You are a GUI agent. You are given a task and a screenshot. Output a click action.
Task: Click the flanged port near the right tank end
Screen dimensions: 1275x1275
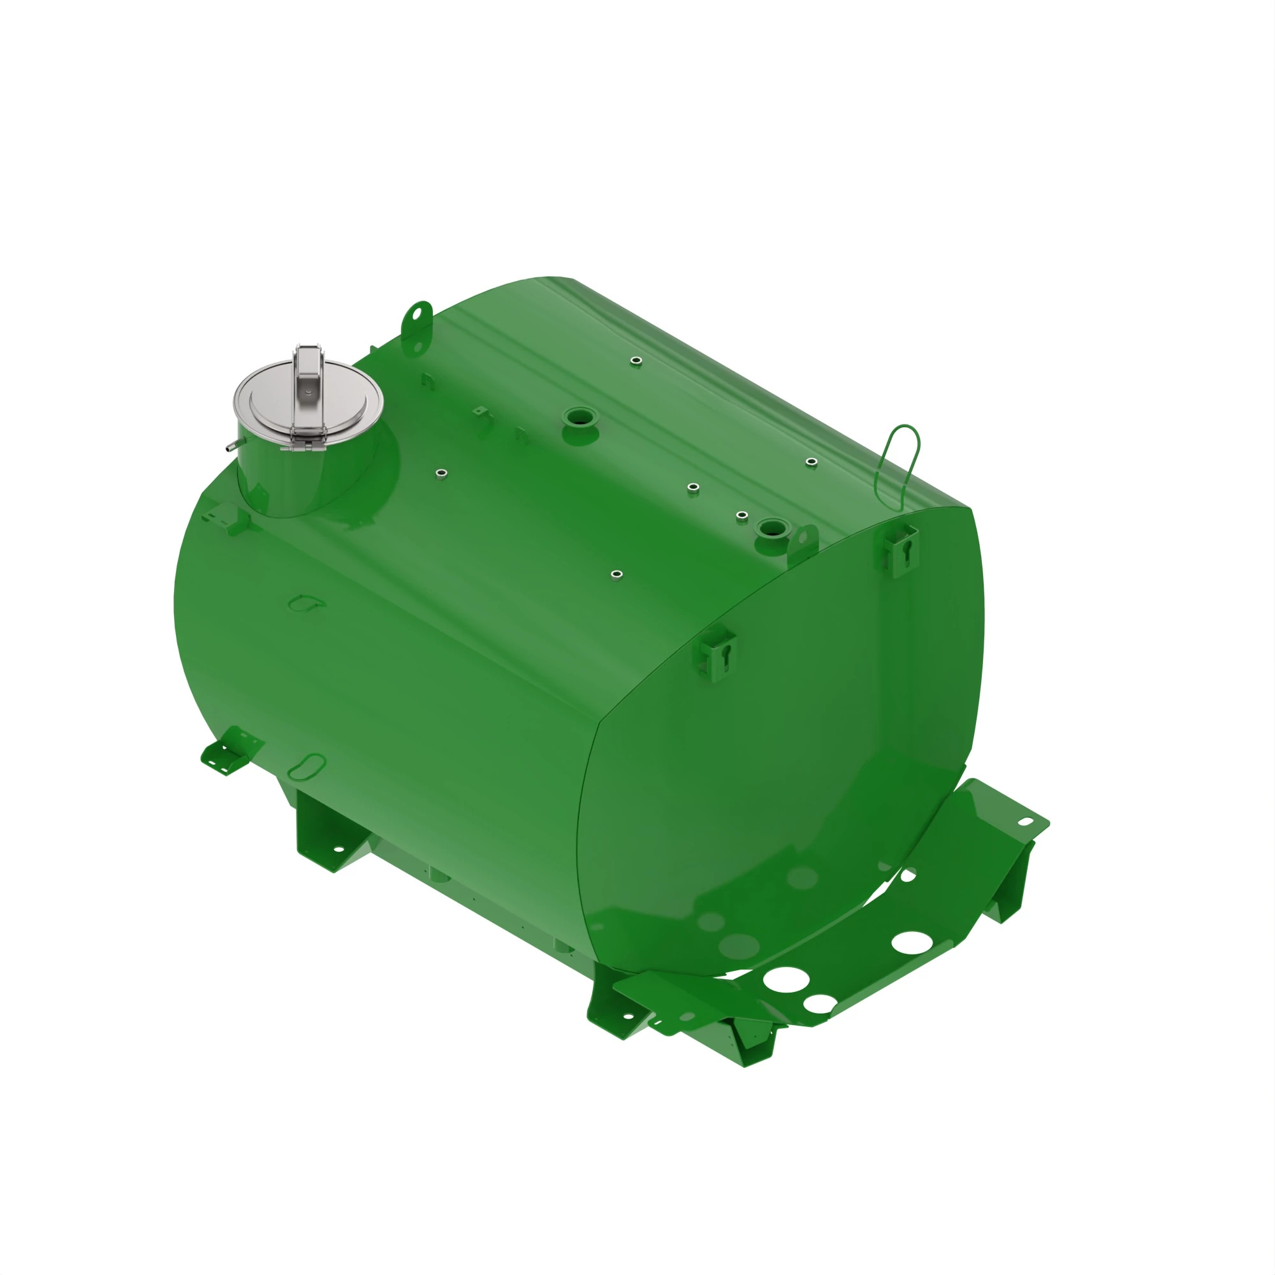[x=773, y=528]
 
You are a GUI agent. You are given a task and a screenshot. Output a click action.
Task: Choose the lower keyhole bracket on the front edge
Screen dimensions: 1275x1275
[x=718, y=654]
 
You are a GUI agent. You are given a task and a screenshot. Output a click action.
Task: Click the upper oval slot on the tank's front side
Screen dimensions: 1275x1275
[x=306, y=602]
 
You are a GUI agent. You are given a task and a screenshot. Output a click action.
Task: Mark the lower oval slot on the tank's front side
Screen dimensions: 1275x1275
[x=307, y=766]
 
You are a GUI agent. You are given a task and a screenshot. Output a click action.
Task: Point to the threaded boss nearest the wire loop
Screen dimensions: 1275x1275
[x=812, y=462]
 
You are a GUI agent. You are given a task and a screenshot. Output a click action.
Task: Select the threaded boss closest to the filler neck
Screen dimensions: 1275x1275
[x=442, y=473]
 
